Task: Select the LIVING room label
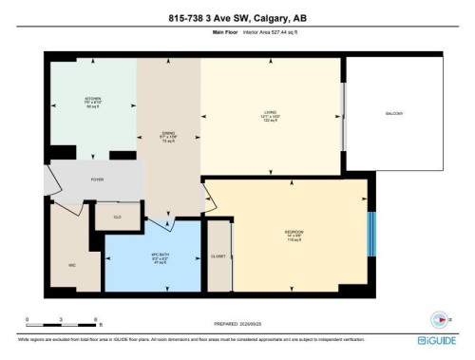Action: [270, 116]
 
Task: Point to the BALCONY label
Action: [394, 114]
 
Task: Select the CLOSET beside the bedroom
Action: [219, 256]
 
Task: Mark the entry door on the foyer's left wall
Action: [49, 177]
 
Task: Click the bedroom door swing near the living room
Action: [209, 197]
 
